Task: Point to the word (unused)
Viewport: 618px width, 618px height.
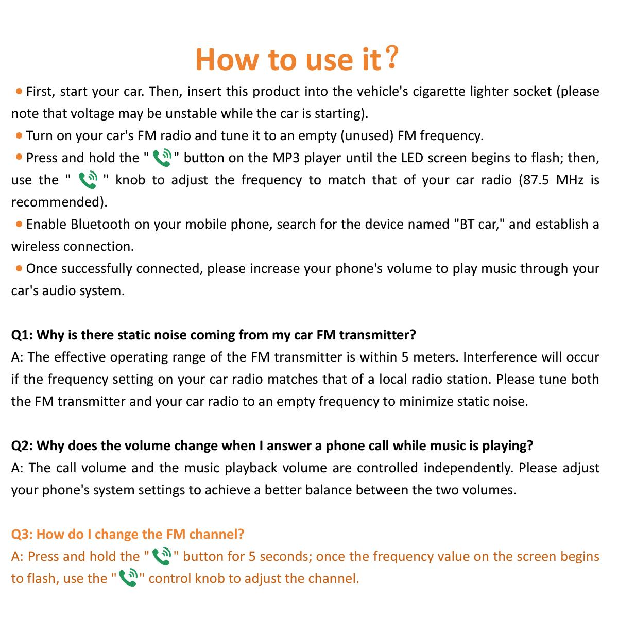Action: pos(367,136)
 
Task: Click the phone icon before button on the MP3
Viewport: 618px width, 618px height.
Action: pos(162,158)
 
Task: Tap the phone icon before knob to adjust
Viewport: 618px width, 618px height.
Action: pos(88,180)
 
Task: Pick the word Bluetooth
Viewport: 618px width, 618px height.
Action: pos(100,225)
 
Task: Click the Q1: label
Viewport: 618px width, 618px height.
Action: pos(22,335)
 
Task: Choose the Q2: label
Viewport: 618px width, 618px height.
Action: pos(22,446)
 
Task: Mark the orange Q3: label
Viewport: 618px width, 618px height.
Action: pos(22,534)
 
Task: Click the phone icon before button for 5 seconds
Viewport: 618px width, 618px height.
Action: pos(162,556)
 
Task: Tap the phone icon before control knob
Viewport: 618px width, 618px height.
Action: pos(128,578)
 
